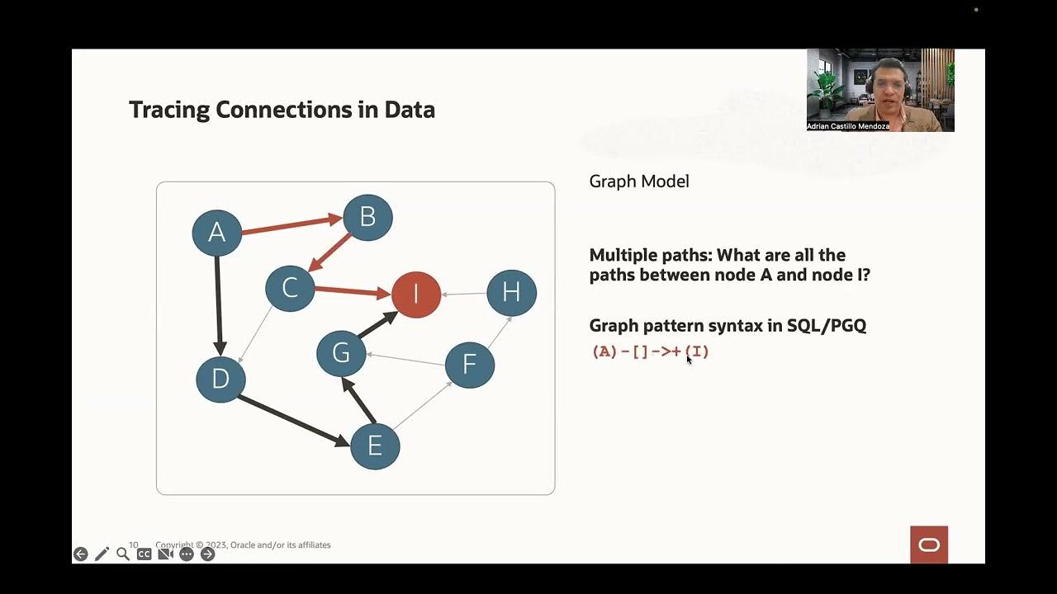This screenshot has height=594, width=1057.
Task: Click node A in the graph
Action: click(x=216, y=233)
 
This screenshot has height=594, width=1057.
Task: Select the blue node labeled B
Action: click(x=367, y=217)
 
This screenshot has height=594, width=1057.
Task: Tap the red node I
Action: click(x=416, y=293)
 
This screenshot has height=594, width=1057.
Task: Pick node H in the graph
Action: click(x=511, y=293)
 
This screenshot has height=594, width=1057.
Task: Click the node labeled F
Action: click(x=469, y=365)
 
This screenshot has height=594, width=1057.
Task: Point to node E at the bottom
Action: click(x=375, y=445)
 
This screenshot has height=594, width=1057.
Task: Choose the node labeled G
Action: click(x=341, y=353)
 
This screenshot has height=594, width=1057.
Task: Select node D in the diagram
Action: click(x=220, y=379)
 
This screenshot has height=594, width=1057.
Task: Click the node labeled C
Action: click(x=290, y=288)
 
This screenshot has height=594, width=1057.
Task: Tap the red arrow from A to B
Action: click(x=291, y=225)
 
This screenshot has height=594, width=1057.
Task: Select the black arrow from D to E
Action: click(x=293, y=421)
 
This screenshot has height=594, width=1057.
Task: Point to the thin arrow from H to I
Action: click(x=464, y=294)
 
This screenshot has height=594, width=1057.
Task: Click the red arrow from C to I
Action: click(x=352, y=290)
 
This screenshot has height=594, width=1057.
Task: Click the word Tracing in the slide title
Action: click(x=169, y=110)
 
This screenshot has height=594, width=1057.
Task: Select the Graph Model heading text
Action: click(x=639, y=181)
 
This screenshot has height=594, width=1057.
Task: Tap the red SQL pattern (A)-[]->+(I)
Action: click(x=651, y=351)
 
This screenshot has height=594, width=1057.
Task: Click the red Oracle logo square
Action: click(x=929, y=544)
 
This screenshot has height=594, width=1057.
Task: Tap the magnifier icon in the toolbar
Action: click(x=123, y=554)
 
